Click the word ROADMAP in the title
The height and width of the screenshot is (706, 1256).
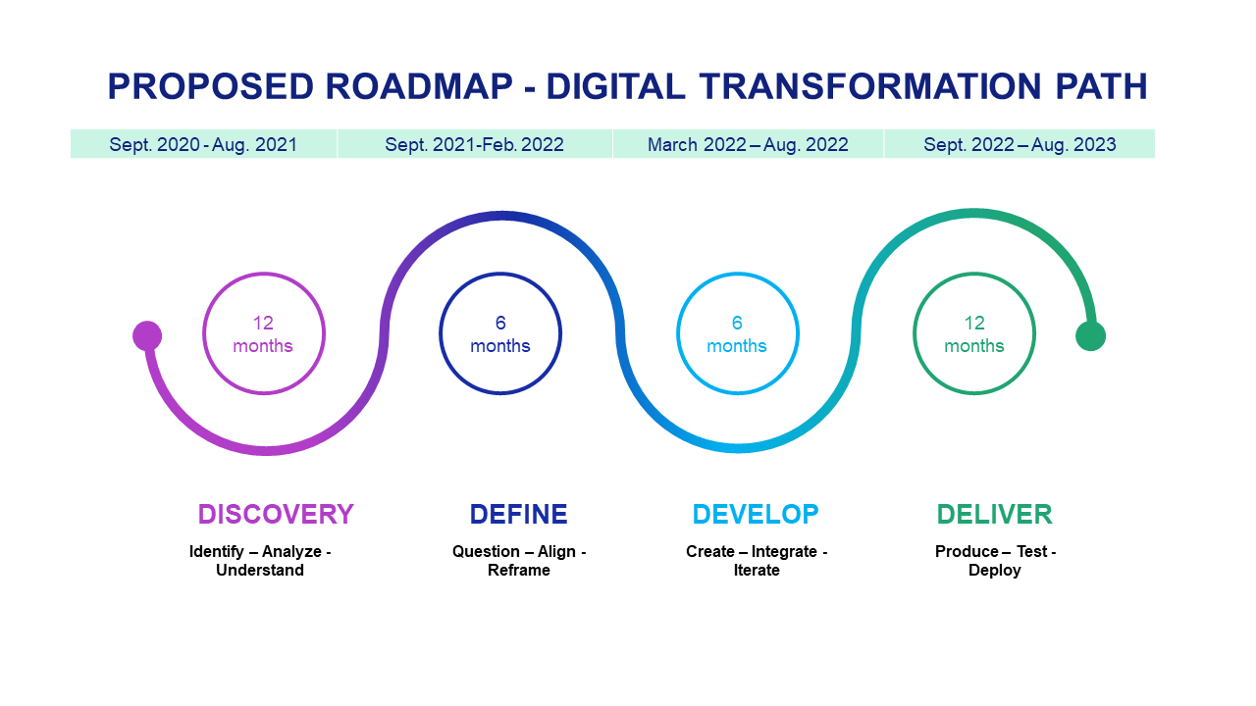click(419, 86)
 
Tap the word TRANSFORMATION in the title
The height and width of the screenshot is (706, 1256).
click(870, 86)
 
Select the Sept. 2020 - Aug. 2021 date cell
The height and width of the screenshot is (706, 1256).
click(203, 144)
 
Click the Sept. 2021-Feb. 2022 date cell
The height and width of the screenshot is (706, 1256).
click(474, 144)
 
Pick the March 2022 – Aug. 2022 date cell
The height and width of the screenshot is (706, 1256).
click(748, 144)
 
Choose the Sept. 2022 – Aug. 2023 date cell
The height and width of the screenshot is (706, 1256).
click(1020, 144)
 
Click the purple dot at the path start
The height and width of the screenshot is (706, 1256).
click(147, 335)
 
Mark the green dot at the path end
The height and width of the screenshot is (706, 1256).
click(1090, 336)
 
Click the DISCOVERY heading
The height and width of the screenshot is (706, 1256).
click(276, 514)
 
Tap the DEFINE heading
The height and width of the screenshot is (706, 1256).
click(519, 514)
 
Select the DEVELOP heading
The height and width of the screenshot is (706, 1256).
click(756, 514)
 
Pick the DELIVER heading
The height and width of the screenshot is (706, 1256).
click(995, 514)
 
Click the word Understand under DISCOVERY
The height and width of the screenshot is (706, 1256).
click(260, 570)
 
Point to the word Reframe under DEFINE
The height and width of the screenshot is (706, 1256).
click(519, 570)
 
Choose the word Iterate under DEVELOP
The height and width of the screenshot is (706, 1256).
click(757, 570)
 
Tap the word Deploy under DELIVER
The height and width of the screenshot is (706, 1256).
click(995, 571)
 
